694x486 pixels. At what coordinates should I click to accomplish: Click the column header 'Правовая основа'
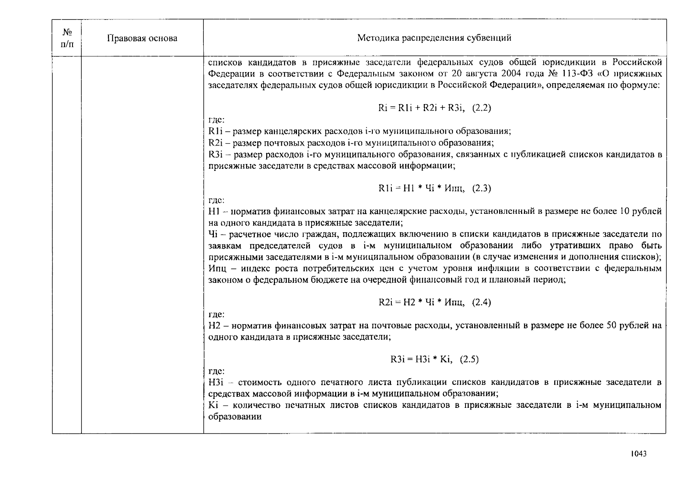pyautogui.click(x=142, y=38)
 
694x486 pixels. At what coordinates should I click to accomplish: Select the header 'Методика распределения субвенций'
pyautogui.click(x=434, y=38)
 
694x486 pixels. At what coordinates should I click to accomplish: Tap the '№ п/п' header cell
pyautogui.click(x=67, y=38)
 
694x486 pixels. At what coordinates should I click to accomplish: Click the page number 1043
pyautogui.click(x=638, y=454)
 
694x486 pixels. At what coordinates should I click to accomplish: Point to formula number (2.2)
pyautogui.click(x=482, y=108)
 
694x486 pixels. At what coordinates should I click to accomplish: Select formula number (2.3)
pyautogui.click(x=482, y=188)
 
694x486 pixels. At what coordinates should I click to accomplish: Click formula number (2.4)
pyautogui.click(x=482, y=303)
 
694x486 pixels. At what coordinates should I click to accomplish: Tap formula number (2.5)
pyautogui.click(x=469, y=359)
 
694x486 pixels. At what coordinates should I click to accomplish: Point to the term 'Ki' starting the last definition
pyautogui.click(x=213, y=405)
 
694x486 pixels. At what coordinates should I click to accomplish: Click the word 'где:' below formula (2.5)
pyautogui.click(x=216, y=371)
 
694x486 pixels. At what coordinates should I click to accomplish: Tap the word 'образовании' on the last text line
pyautogui.click(x=235, y=417)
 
